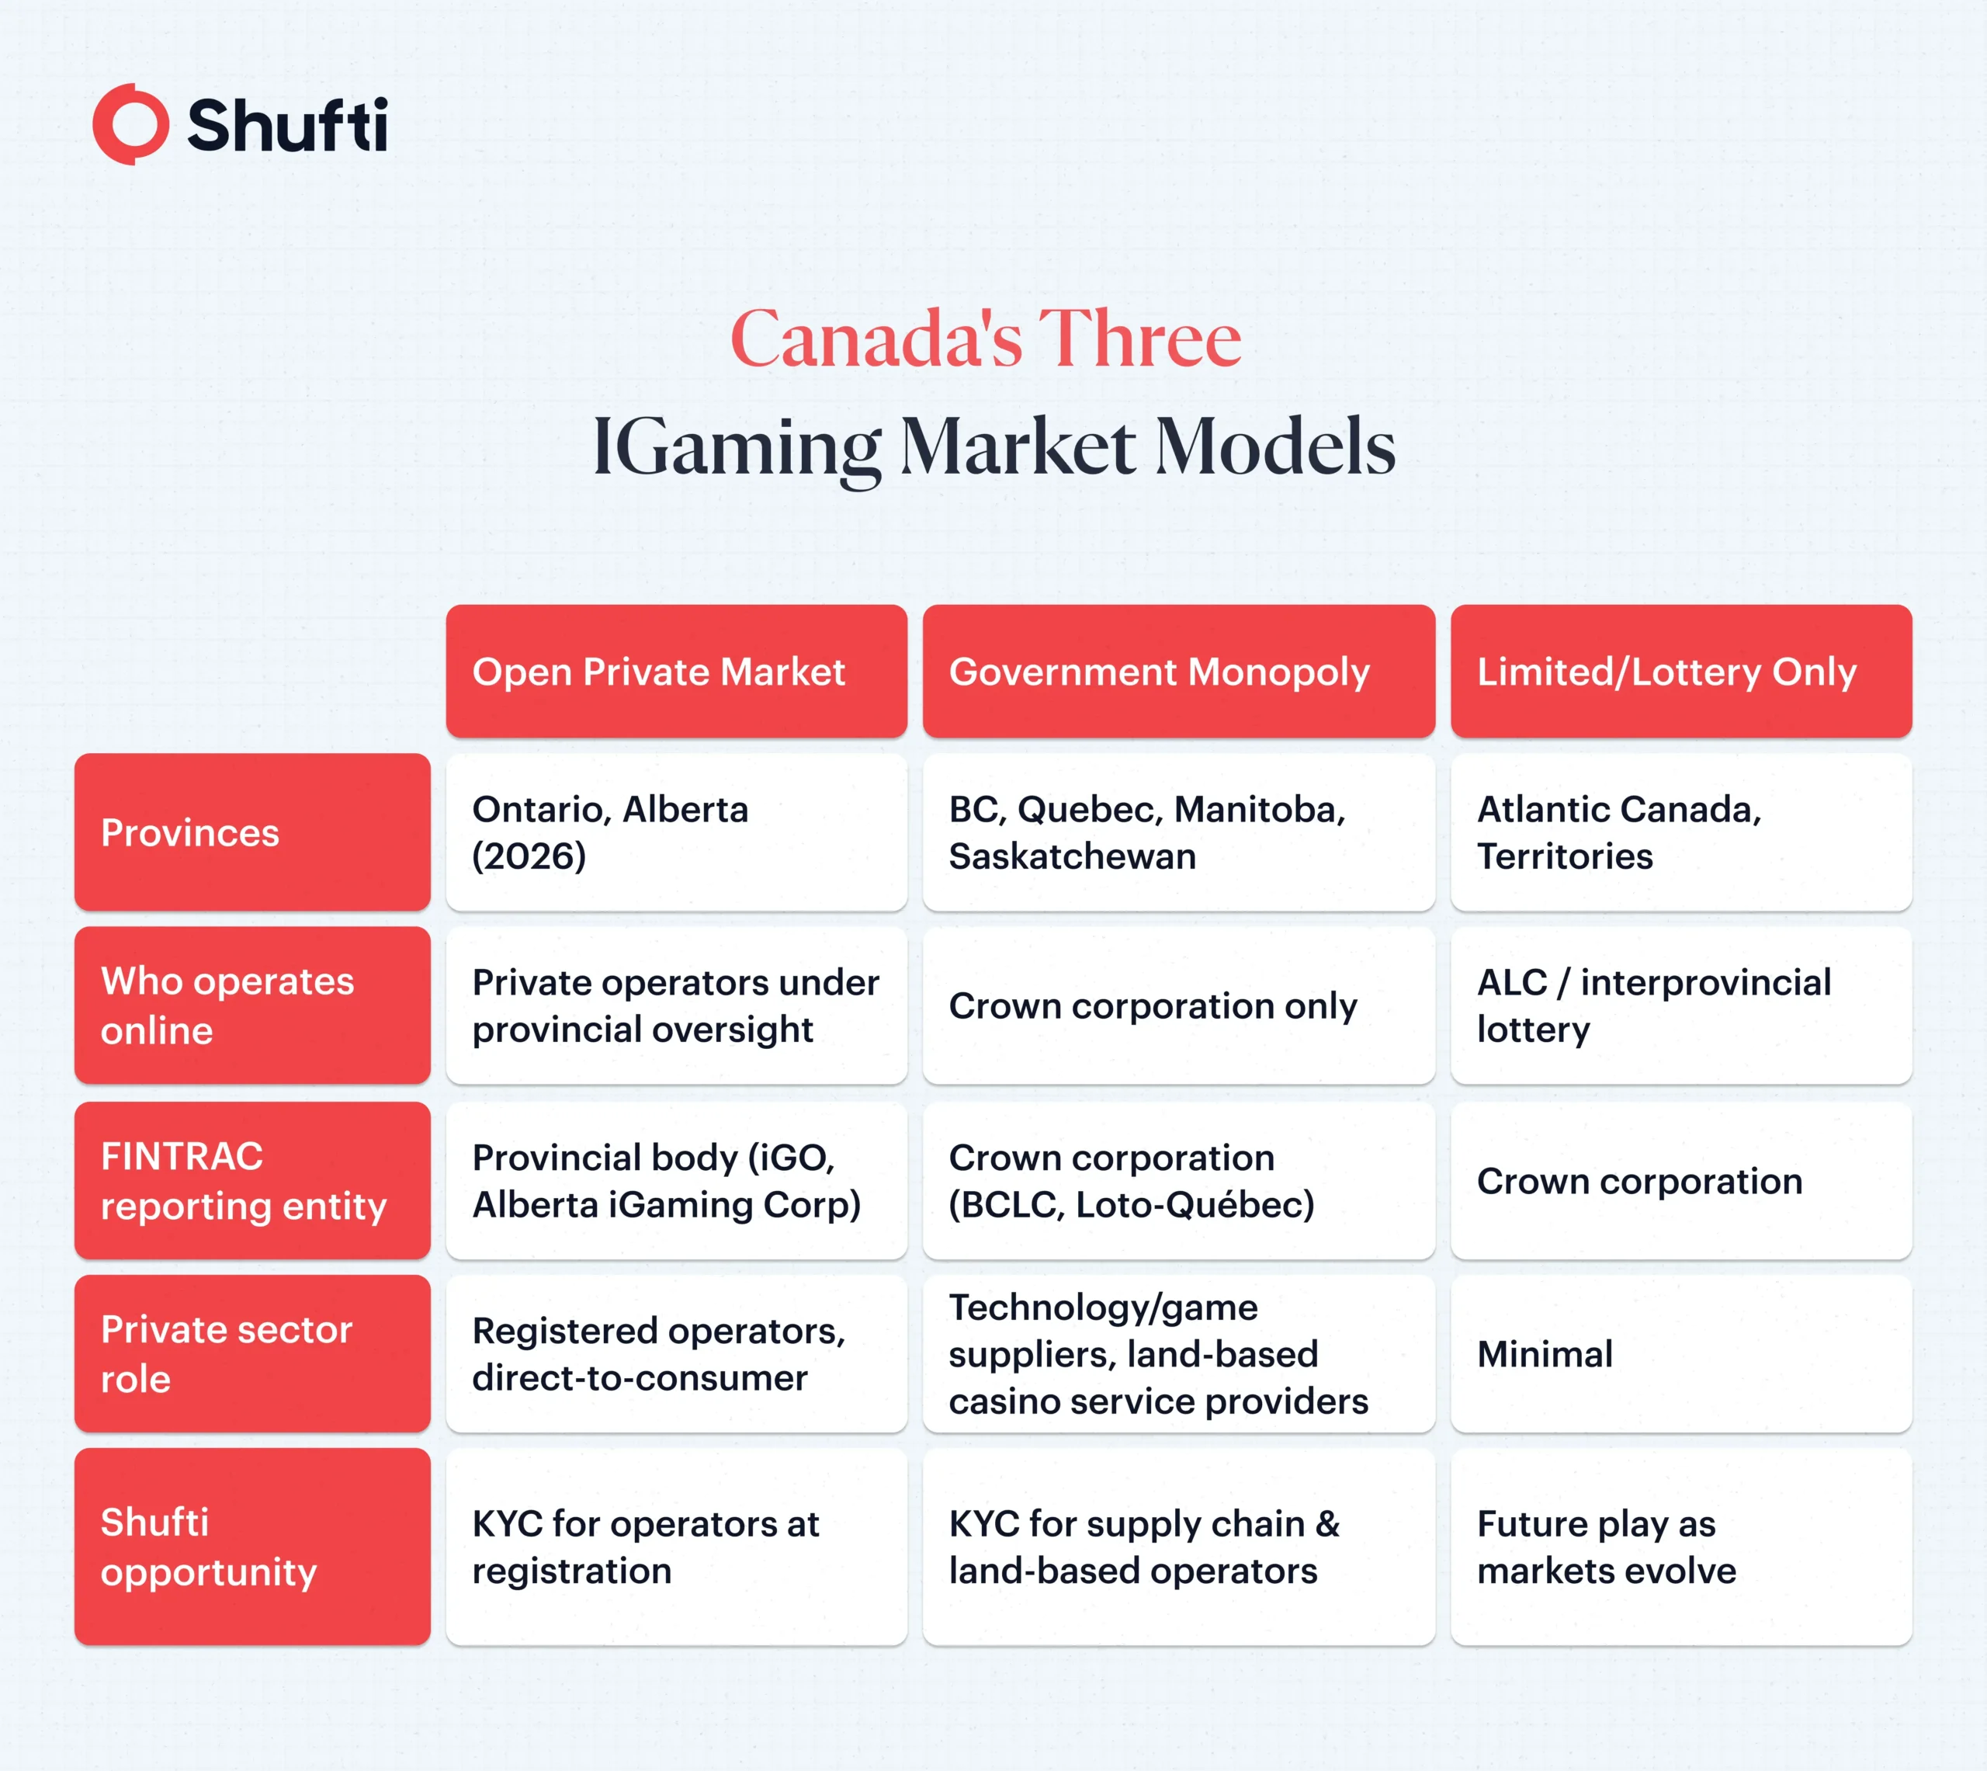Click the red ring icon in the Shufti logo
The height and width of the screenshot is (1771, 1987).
coord(131,124)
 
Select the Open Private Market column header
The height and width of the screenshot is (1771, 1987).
coord(676,672)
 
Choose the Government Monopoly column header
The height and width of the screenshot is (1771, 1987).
coord(1177,672)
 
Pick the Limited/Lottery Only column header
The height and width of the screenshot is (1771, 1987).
coord(1680,672)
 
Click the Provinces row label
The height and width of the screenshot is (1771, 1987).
coord(252,833)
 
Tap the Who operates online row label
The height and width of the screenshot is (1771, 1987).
coord(252,1005)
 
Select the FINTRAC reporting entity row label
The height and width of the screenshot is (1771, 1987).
coord(252,1180)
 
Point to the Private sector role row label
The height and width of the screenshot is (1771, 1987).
coord(252,1353)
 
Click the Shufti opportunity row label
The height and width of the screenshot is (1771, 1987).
coord(252,1546)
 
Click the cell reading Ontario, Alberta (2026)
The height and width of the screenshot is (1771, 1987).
coord(676,833)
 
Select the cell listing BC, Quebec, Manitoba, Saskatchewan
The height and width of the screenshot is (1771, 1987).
coord(1177,833)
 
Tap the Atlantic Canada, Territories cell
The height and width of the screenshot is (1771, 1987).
coord(1680,833)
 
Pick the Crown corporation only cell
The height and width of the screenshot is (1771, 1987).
coord(1177,1005)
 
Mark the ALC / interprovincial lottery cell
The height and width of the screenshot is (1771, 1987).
coord(1680,1005)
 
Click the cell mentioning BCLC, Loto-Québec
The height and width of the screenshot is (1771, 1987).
coord(1177,1180)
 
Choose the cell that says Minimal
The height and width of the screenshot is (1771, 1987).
coord(1680,1353)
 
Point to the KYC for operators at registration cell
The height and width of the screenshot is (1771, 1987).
coord(676,1546)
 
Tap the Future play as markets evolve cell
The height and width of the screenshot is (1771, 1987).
coord(1680,1546)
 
